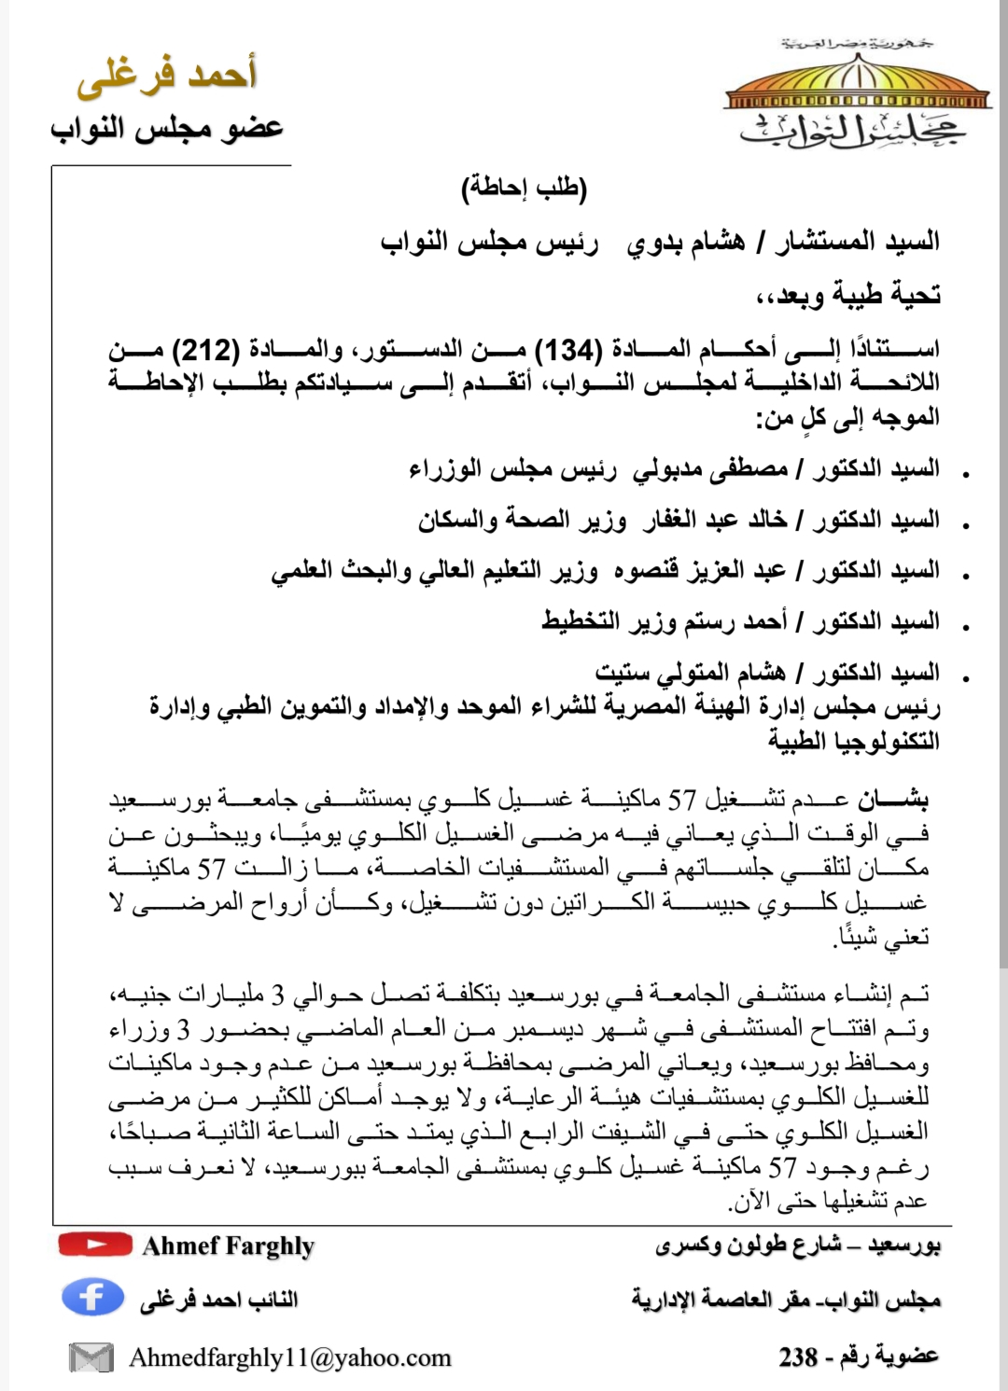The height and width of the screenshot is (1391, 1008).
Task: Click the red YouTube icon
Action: click(x=94, y=1245)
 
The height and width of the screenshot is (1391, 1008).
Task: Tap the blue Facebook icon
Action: click(x=92, y=1298)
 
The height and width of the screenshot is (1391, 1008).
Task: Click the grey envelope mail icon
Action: click(x=91, y=1357)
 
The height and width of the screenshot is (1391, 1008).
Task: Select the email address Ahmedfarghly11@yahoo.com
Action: click(x=289, y=1357)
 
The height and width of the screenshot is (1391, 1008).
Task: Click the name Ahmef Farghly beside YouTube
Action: click(x=229, y=1245)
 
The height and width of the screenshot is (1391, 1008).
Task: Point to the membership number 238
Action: click(x=799, y=1356)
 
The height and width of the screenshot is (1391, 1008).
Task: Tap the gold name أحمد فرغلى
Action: click(x=166, y=75)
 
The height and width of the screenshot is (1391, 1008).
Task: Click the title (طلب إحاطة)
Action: click(x=524, y=188)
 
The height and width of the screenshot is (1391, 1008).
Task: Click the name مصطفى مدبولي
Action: click(x=710, y=469)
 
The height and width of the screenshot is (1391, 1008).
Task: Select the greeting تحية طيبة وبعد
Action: click(x=847, y=296)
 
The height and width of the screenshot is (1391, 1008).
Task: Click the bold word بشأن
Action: click(x=893, y=800)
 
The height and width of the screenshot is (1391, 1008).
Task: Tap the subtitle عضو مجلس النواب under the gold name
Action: click(x=167, y=128)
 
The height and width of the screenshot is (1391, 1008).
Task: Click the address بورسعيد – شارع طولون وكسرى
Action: click(x=798, y=1245)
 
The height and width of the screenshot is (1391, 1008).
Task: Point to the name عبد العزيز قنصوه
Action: click(x=700, y=570)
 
